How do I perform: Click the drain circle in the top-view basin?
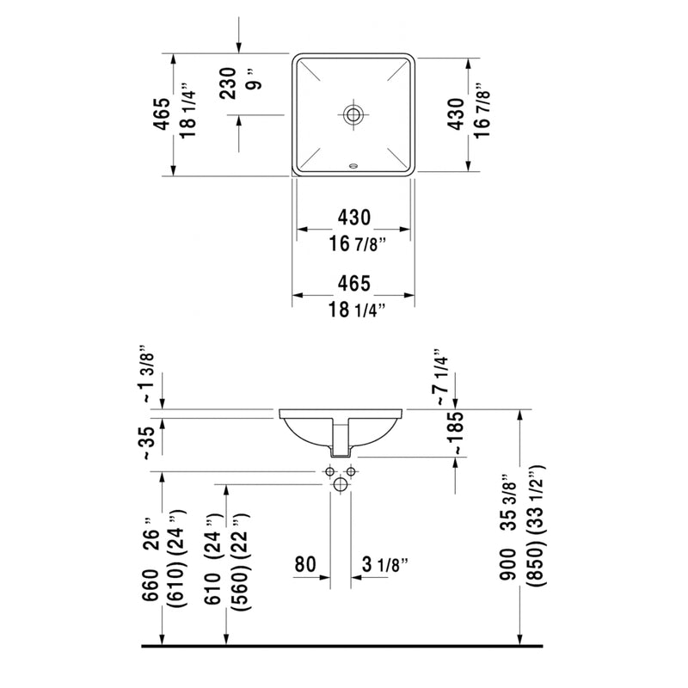(353, 114)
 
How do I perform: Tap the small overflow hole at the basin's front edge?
(353, 165)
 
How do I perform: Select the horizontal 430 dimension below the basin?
(353, 217)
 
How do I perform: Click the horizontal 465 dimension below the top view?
(353, 283)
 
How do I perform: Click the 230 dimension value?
(227, 83)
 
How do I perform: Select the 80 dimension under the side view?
(306, 565)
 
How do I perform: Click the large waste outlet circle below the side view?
(341, 486)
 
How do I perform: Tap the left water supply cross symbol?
(329, 472)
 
